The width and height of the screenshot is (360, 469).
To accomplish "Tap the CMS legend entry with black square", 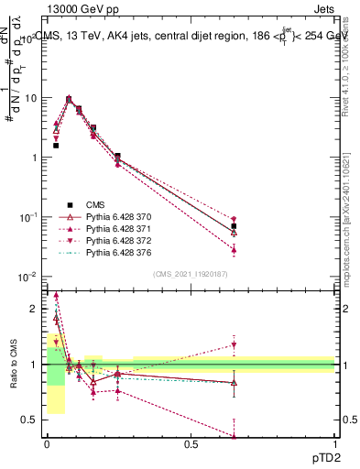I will [x=96, y=204].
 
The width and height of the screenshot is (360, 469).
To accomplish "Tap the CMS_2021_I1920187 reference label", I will [x=190, y=273].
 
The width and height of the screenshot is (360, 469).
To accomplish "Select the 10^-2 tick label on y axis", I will [x=27, y=276].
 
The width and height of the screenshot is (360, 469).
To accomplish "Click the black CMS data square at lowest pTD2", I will [x=56, y=146].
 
